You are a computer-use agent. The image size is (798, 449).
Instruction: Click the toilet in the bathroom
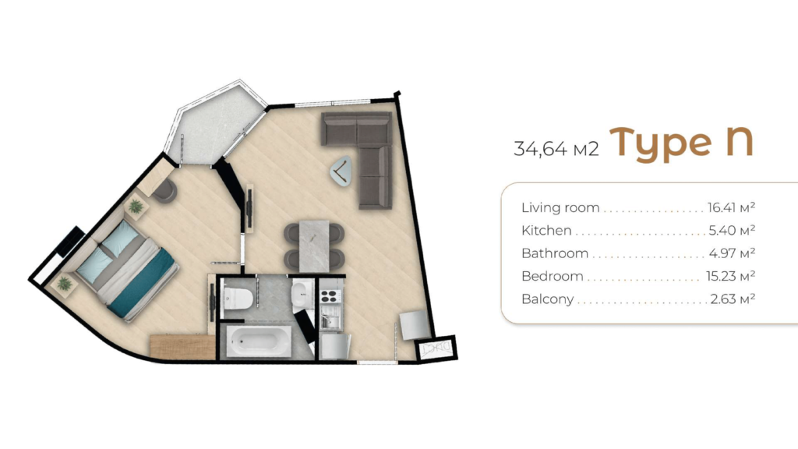point(238,299)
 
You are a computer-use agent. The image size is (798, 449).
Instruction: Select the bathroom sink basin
point(299,294)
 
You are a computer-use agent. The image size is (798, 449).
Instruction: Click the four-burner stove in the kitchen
point(330,295)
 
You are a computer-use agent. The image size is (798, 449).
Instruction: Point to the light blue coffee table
point(341,171)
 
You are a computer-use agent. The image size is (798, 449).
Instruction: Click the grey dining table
point(314,246)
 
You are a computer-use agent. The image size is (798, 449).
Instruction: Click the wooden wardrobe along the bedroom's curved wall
point(182,347)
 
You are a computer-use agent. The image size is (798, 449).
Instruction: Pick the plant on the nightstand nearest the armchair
point(136,206)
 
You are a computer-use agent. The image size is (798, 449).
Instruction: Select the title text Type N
point(681,143)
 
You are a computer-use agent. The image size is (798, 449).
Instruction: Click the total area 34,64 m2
point(556,149)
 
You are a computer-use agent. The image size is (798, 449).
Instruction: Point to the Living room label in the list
point(560,207)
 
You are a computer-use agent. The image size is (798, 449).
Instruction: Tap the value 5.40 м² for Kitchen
point(732,230)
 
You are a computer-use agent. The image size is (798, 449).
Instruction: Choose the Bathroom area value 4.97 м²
point(732,253)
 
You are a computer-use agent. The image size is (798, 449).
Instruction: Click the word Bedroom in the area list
point(553,277)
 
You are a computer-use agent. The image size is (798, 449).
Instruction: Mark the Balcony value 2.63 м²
point(733,299)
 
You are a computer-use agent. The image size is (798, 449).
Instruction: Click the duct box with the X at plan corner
point(436,349)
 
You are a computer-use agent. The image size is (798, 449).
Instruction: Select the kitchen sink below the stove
point(330,321)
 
